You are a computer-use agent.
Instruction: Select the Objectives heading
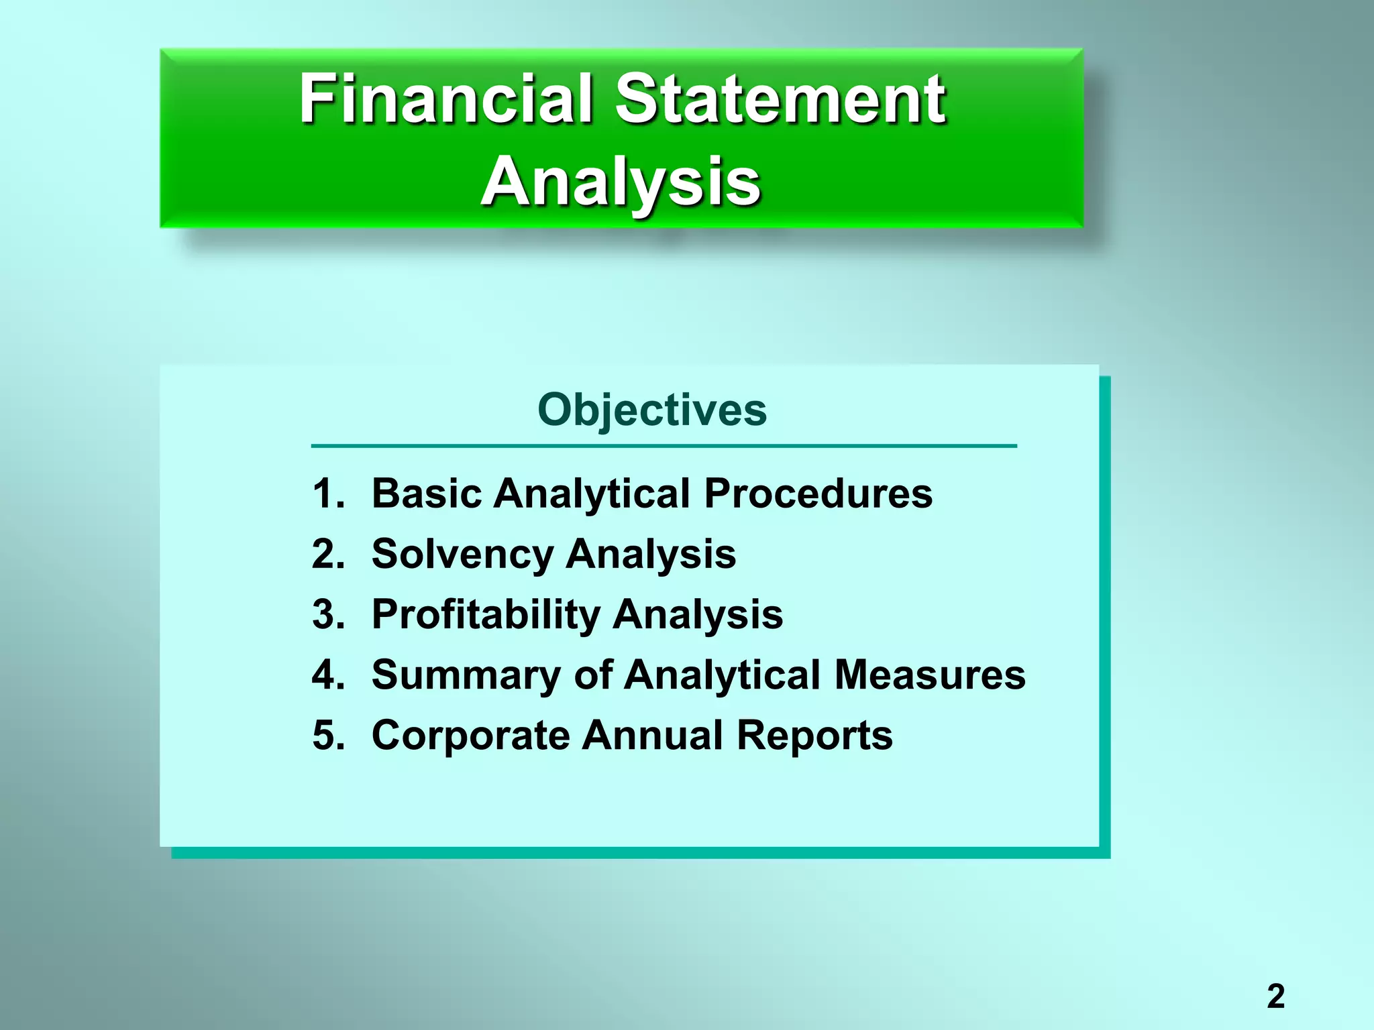click(651, 410)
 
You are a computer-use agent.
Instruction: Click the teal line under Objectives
click(664, 445)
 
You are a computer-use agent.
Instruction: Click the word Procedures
click(818, 494)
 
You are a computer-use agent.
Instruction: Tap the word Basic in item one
click(427, 494)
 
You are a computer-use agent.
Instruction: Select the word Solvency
click(462, 555)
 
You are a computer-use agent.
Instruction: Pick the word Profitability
click(486, 615)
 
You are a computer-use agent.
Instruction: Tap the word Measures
click(930, 675)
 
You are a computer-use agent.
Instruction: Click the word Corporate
click(471, 736)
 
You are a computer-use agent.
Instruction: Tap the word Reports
click(814, 736)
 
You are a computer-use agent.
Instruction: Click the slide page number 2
click(1275, 996)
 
